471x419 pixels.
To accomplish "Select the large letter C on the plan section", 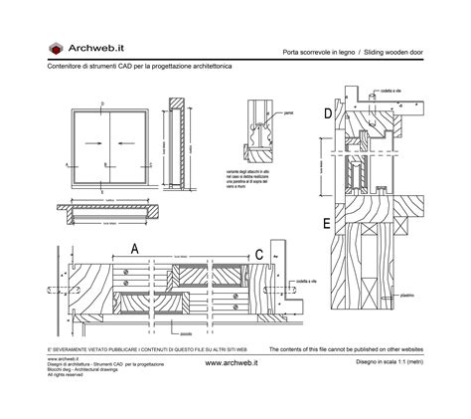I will [260, 253].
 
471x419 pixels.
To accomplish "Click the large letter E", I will [328, 223].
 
